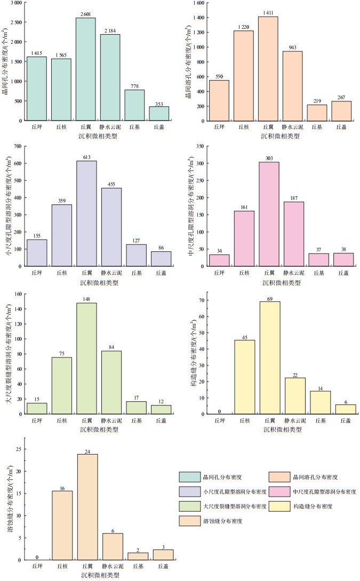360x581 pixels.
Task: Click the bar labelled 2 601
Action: tap(86, 69)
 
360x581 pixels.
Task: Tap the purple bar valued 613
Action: tap(86, 213)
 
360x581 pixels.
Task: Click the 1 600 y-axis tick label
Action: tap(196, 3)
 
